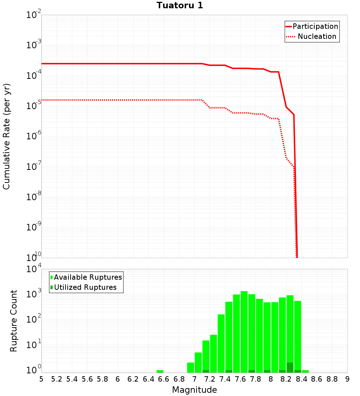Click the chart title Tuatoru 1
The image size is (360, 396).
click(180, 6)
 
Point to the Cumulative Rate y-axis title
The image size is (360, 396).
click(6, 136)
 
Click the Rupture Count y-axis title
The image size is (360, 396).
click(14, 321)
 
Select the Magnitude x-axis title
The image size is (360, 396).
click(194, 390)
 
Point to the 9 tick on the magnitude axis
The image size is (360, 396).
click(347, 379)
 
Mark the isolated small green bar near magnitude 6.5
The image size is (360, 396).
click(160, 371)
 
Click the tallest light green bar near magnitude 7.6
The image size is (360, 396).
click(244, 331)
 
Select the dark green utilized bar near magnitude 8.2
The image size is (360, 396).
click(290, 368)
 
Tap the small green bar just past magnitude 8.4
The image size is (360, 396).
click(305, 371)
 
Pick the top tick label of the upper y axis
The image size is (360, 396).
click(34, 15)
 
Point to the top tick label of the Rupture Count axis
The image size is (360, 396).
click(34, 270)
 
